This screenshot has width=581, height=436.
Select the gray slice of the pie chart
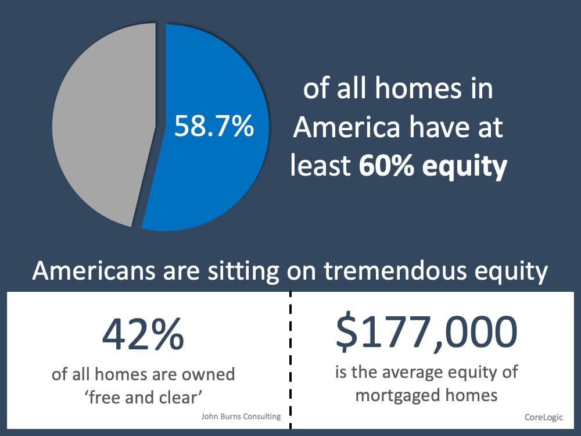[99, 128]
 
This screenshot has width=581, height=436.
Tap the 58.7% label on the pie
[214, 126]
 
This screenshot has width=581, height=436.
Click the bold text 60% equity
[433, 167]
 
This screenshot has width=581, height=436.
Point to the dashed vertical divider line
[290, 360]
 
